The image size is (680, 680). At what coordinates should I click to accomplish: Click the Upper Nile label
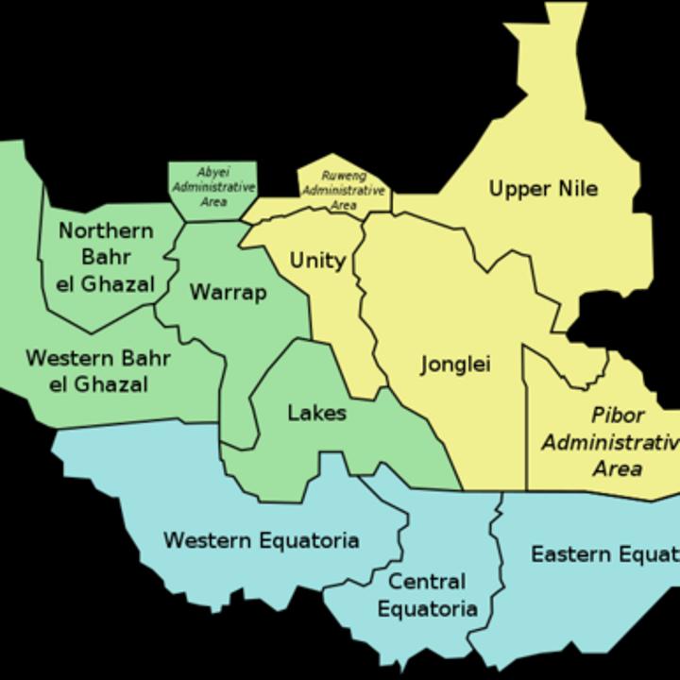[x=543, y=189]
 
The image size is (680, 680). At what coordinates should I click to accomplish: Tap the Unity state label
[x=317, y=261]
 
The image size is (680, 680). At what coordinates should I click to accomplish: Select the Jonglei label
[x=455, y=365]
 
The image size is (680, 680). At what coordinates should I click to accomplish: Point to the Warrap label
[x=228, y=292]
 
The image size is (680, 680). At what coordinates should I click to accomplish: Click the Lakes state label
[x=316, y=413]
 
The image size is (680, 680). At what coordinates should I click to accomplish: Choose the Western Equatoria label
[x=261, y=540]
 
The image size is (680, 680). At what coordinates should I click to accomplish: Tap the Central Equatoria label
[x=427, y=595]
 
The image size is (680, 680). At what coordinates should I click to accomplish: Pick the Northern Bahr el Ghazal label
[x=105, y=257]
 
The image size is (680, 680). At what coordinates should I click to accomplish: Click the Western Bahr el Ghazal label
[x=98, y=371]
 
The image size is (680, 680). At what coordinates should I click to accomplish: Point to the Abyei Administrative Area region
[x=212, y=187]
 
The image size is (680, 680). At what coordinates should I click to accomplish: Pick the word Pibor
[x=618, y=415]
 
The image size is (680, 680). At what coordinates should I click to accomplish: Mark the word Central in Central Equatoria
[x=427, y=581]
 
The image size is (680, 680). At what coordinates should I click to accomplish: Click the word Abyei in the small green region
[x=212, y=173]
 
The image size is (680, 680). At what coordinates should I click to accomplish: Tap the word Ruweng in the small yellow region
[x=343, y=176]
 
